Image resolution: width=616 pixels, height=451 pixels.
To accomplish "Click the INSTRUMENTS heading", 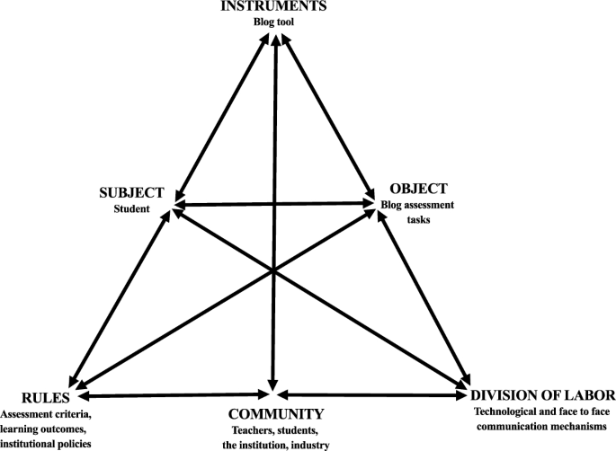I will pyautogui.click(x=276, y=7).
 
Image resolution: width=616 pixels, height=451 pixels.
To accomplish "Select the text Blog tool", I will pyautogui.click(x=276, y=22).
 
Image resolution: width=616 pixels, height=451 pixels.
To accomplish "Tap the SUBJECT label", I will pyautogui.click(x=132, y=192).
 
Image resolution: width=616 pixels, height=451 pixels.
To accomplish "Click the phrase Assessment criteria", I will pyautogui.click(x=47, y=414).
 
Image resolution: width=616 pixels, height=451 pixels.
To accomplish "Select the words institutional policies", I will pyautogui.click(x=47, y=444).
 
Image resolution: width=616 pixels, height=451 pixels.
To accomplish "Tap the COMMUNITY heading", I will pyautogui.click(x=275, y=414).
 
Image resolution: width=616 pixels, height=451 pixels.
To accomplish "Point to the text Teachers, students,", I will pyautogui.click(x=275, y=431).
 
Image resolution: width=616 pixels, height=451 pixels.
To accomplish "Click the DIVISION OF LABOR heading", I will pyautogui.click(x=542, y=395).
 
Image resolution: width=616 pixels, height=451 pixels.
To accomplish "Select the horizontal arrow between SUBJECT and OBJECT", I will pyautogui.click(x=274, y=205).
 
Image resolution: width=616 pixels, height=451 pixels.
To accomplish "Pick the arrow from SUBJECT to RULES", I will pyautogui.click(x=121, y=296).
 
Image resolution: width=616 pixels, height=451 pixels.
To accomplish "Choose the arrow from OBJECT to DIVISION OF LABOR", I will pyautogui.click(x=423, y=296).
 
